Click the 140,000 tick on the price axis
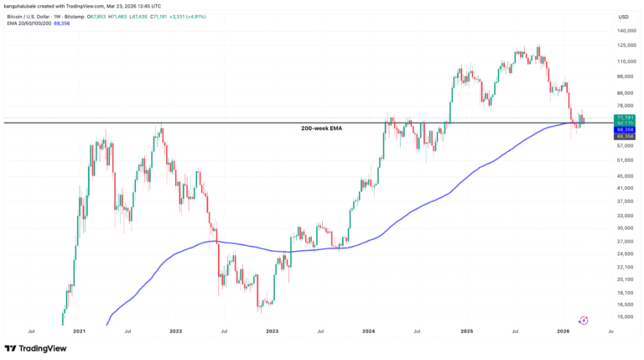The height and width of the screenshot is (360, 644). (x=626, y=31)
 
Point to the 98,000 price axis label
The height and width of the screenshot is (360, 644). (x=625, y=76)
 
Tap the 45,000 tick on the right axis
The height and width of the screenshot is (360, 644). (x=625, y=175)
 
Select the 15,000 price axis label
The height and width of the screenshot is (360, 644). (x=625, y=316)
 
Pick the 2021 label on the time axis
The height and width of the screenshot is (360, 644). (x=79, y=331)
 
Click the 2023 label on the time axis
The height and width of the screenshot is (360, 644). (x=273, y=331)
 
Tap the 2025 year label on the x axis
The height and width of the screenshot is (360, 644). (x=467, y=331)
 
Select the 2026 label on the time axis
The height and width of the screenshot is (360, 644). (x=563, y=331)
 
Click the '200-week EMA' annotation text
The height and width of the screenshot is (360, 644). (x=322, y=128)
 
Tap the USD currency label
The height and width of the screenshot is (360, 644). (x=623, y=17)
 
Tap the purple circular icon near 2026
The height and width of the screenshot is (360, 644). (x=583, y=320)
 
